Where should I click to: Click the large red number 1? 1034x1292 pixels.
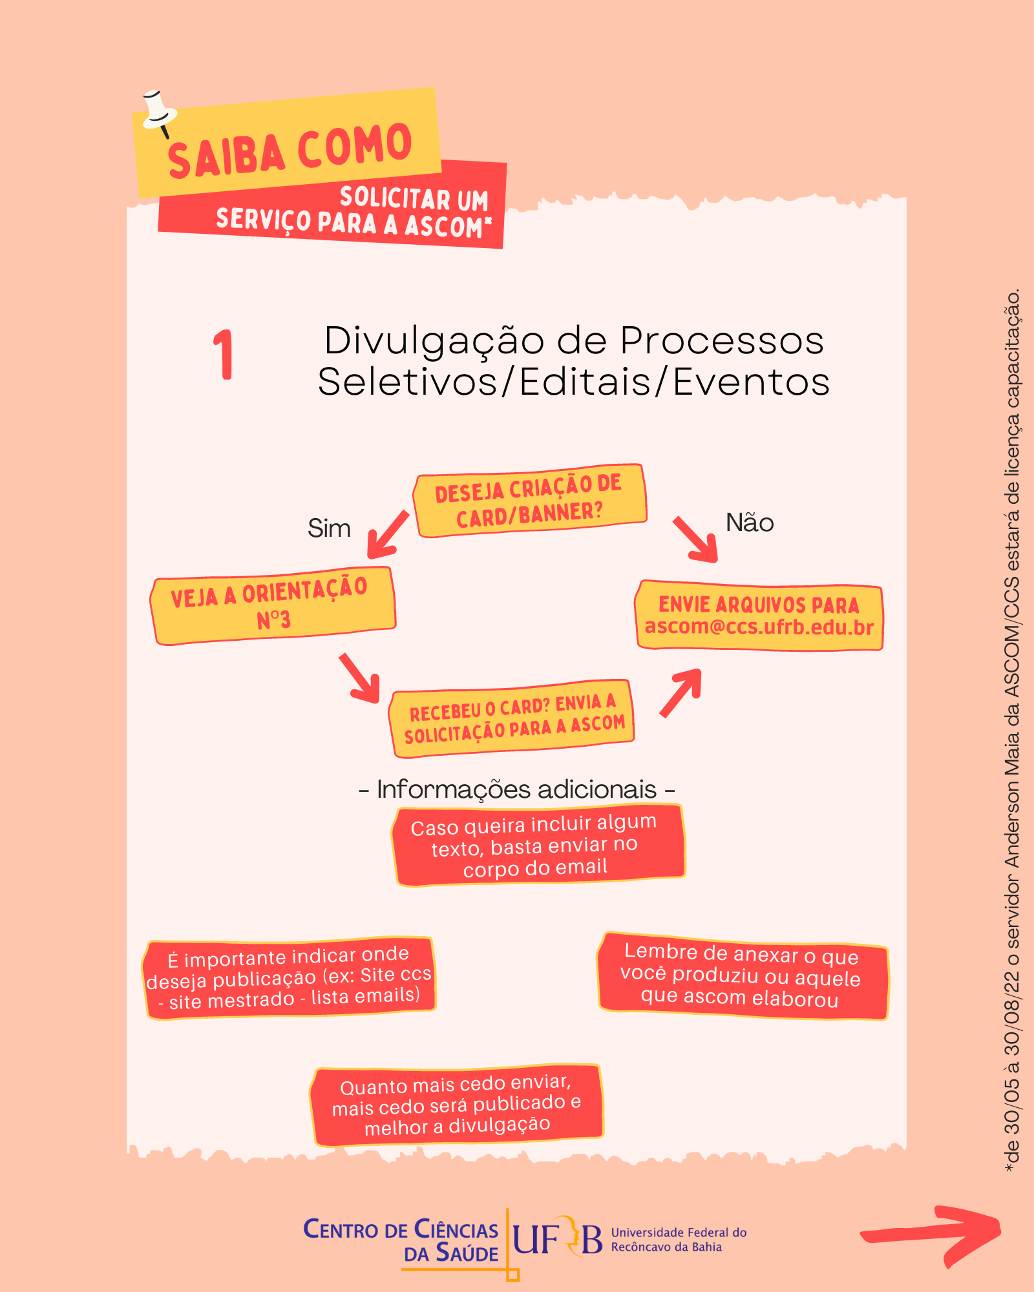point(223,354)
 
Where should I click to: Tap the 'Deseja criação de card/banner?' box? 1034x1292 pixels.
point(530,501)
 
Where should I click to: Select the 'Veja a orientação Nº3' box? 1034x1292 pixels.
point(273,606)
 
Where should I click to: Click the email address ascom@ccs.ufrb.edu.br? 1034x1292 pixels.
point(759,627)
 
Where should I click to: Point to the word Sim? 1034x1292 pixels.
point(329,528)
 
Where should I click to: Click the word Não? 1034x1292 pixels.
point(750,523)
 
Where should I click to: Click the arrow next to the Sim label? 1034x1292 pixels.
point(388,535)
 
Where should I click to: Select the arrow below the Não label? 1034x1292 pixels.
point(695,539)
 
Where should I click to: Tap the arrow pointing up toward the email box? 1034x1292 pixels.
point(681,693)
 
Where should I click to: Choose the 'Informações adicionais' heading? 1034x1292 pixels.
point(517,789)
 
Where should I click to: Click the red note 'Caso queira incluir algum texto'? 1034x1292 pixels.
point(538,846)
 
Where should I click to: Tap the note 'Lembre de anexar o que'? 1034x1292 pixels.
point(743,976)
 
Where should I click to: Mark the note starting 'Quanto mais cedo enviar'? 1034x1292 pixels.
point(457,1105)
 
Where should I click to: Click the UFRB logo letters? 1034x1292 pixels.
point(557,1238)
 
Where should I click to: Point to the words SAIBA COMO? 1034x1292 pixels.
point(290,150)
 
